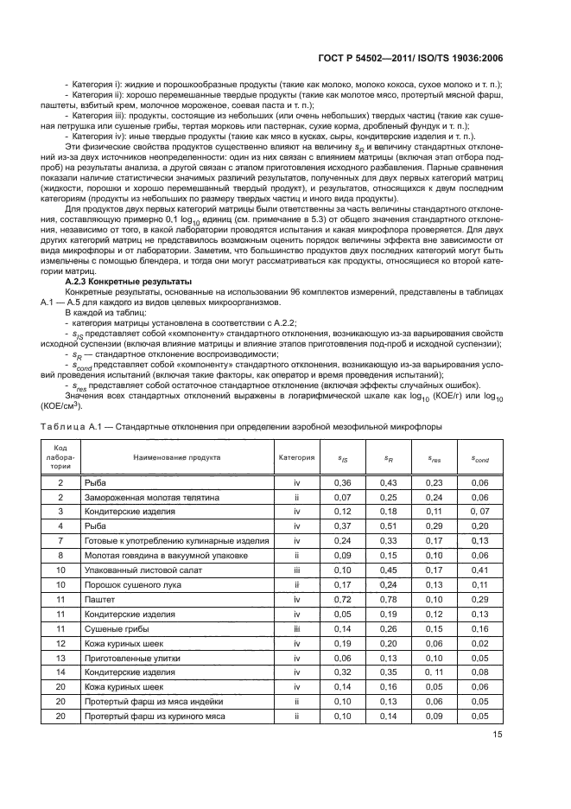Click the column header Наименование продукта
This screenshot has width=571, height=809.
tap(176, 457)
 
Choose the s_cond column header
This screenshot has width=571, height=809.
tap(479, 458)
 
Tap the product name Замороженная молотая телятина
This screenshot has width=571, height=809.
tap(139, 499)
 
